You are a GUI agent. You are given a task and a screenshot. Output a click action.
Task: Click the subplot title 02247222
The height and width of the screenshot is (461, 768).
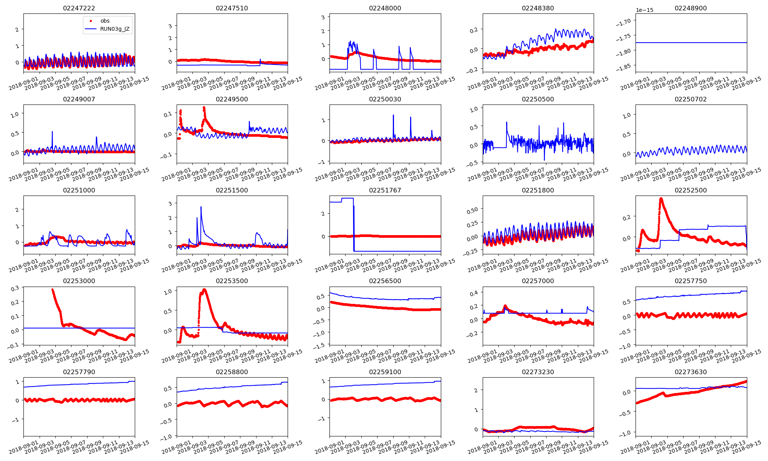79,8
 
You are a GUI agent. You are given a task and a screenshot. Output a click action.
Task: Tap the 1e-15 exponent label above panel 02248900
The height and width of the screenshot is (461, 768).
644,10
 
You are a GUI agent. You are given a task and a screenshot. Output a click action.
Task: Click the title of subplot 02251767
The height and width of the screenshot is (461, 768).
385,190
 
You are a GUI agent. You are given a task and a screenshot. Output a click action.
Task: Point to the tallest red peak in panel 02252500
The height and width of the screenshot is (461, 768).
661,199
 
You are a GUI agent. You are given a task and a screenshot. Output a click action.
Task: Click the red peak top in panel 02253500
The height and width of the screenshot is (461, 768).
204,290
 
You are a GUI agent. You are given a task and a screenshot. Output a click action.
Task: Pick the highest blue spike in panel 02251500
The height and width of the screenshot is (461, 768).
201,207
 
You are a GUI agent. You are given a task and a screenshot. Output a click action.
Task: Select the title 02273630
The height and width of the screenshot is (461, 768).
690,372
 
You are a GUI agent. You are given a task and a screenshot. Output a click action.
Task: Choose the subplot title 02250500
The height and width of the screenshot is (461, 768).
538,99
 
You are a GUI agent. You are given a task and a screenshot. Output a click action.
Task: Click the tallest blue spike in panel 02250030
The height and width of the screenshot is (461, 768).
393,115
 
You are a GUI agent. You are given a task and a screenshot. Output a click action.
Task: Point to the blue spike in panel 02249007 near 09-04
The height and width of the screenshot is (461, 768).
52,132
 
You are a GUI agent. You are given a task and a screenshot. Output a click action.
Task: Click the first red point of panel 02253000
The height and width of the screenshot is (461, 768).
53,289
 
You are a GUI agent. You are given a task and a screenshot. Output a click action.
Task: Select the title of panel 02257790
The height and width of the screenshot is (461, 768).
79,372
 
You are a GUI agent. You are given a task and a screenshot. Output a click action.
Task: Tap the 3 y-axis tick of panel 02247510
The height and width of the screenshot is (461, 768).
170,26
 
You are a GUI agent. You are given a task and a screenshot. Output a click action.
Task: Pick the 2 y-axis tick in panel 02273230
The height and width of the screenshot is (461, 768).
476,390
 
